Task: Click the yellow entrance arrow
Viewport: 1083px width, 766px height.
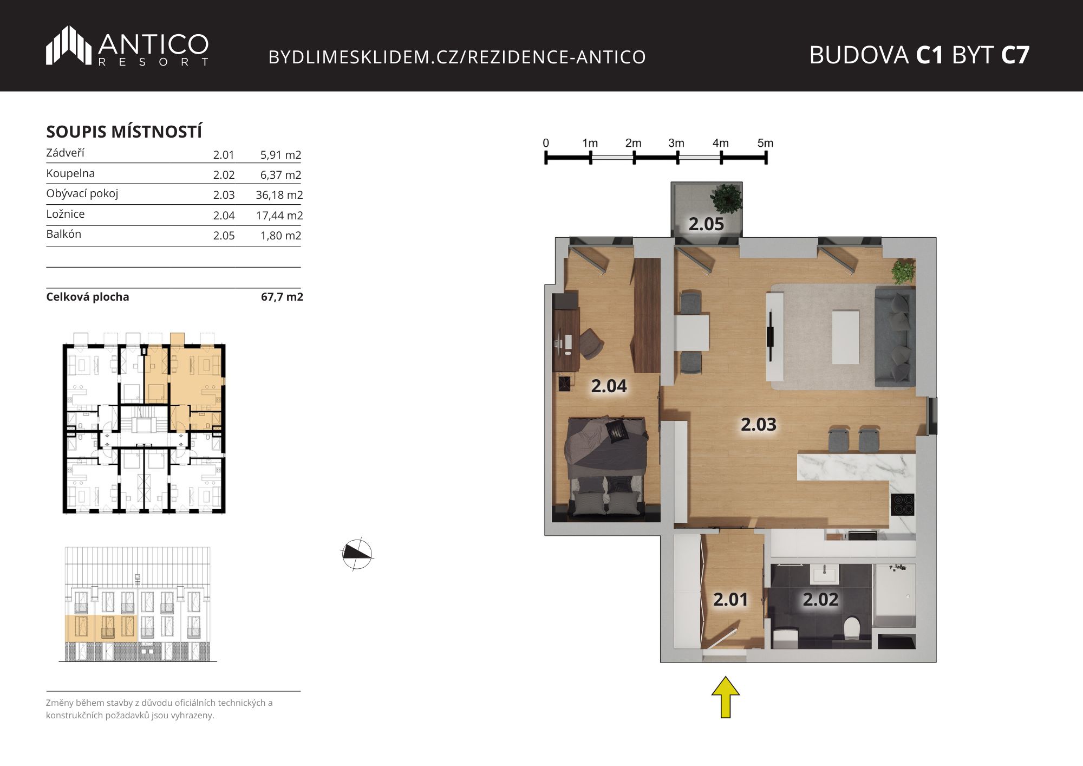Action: (x=726, y=697)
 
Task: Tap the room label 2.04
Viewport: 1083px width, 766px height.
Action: (x=609, y=386)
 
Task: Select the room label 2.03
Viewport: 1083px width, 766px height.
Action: (x=758, y=425)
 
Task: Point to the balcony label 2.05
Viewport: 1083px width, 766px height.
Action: (x=706, y=224)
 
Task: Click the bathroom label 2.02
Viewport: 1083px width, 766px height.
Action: (x=820, y=600)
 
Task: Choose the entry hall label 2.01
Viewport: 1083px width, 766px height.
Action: (x=730, y=600)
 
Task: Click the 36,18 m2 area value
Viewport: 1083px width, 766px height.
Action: (x=279, y=195)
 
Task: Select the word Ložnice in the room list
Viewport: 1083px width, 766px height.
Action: (x=66, y=214)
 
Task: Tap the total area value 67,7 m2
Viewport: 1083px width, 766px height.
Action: (x=282, y=297)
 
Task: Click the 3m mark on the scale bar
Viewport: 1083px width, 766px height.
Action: (x=676, y=143)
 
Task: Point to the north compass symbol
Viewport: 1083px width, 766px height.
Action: (x=357, y=554)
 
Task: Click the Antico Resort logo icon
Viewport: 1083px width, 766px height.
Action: (x=69, y=46)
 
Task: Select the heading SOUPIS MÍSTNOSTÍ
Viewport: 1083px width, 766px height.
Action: (x=124, y=132)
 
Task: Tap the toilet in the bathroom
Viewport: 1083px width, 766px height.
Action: (x=852, y=628)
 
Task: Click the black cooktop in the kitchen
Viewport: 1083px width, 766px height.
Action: (x=903, y=504)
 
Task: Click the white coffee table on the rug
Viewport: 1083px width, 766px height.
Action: (x=845, y=337)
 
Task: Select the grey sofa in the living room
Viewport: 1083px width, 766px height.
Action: (x=895, y=337)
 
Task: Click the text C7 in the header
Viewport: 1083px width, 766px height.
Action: (x=1015, y=55)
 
